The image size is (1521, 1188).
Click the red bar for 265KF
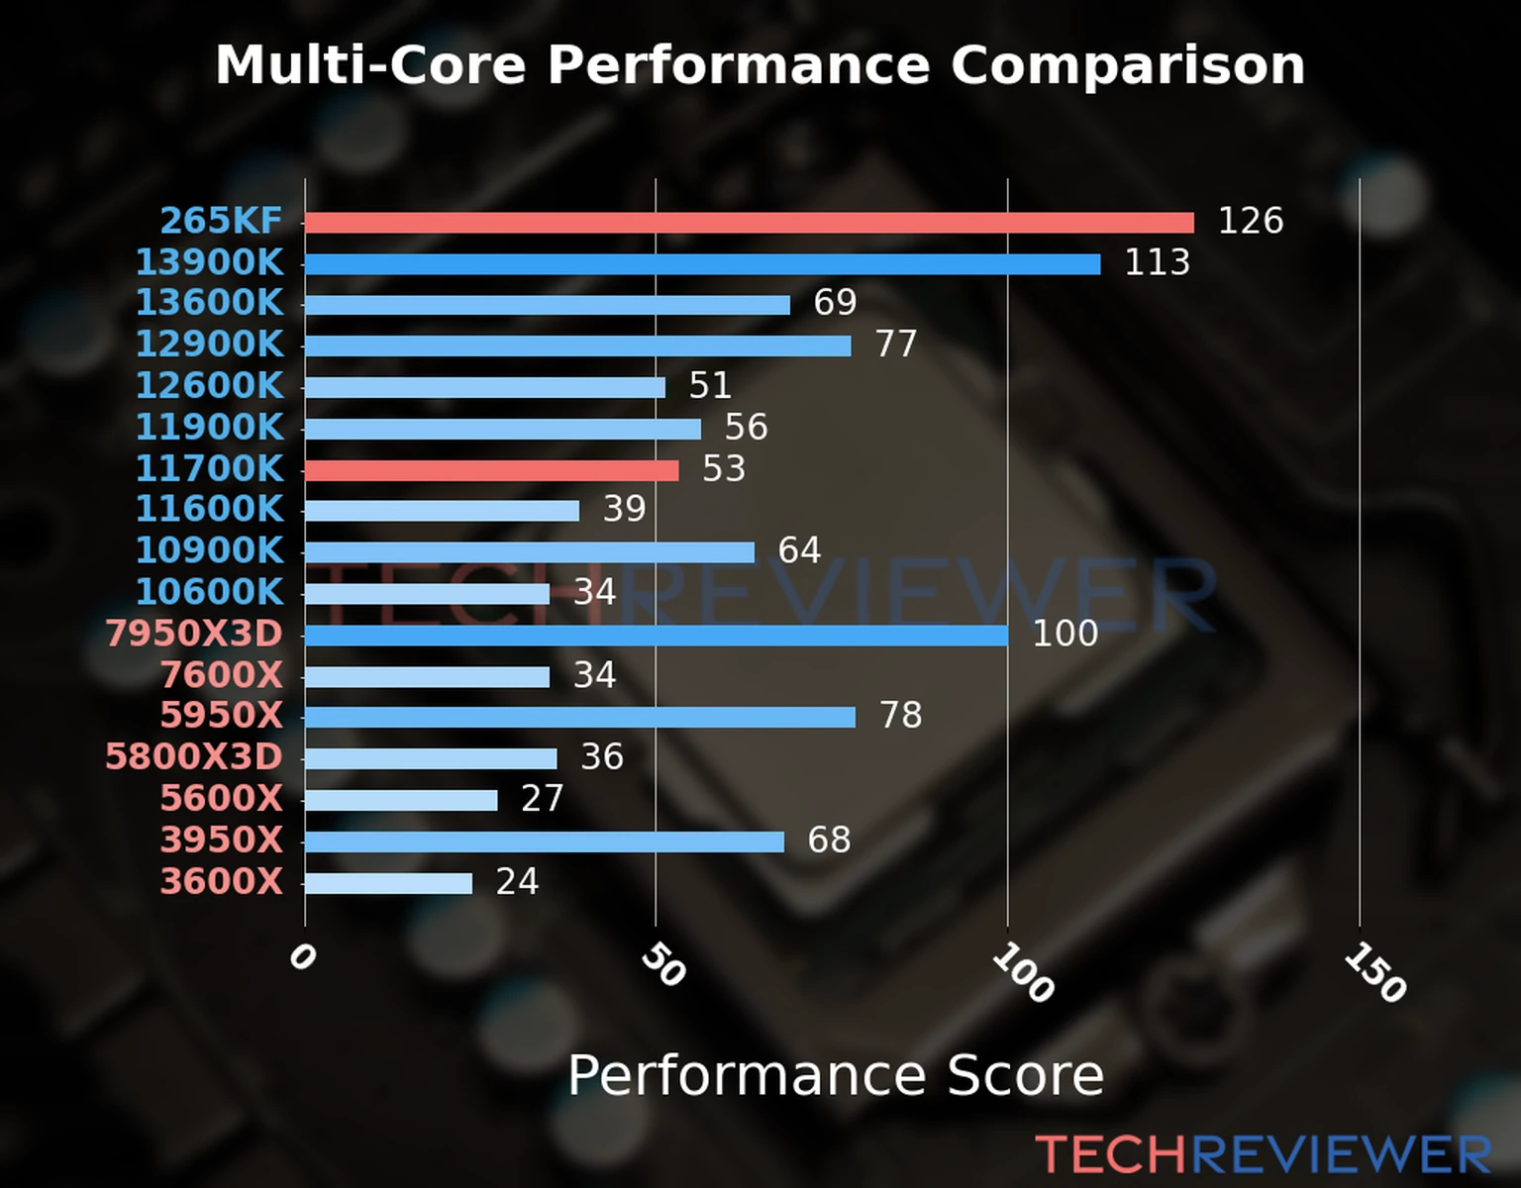pos(749,223)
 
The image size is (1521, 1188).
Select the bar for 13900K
pos(702,264)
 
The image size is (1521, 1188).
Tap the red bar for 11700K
pos(491,470)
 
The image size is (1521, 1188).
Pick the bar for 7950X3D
pos(656,636)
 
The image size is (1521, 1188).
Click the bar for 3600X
pos(388,883)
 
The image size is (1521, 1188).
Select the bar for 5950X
pos(579,718)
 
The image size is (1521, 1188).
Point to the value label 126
pos(1250,221)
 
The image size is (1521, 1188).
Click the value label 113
pos(1157,262)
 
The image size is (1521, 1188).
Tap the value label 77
pos(896,344)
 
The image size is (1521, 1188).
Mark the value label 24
pos(517,881)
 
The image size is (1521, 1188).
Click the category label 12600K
pos(209,385)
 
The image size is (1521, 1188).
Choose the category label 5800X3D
pos(194,756)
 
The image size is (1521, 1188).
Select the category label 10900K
pos(209,550)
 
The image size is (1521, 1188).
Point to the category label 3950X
pos(222,840)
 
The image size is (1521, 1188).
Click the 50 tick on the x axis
pos(662,965)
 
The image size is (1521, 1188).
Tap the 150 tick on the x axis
pos(1374,973)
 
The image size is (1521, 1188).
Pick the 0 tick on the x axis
pos(302,957)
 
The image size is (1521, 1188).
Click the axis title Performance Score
pos(835,1075)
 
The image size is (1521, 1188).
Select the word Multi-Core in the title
pos(370,65)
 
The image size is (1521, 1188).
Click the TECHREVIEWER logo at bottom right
pos(1263,1154)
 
